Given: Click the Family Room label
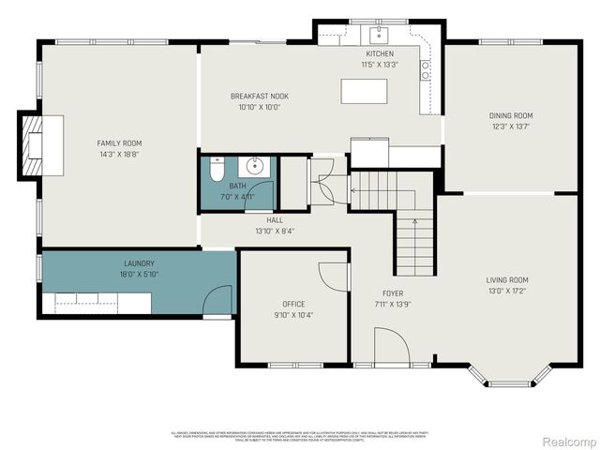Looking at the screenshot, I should (120, 143).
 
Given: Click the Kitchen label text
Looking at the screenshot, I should (380, 54).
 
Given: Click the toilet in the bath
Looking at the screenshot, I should (214, 170).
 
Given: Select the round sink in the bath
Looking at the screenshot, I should (253, 167).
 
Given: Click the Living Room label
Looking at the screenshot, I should (506, 280).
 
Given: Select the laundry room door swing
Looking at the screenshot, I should (218, 301).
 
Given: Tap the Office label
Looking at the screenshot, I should (294, 304).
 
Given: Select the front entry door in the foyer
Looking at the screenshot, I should (392, 346).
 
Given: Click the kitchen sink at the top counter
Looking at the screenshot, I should (380, 37).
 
